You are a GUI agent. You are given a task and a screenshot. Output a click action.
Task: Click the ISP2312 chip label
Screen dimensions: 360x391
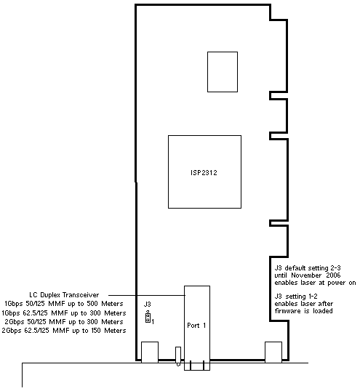point(204,172)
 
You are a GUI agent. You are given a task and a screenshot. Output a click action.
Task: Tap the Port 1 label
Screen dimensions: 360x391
point(196,325)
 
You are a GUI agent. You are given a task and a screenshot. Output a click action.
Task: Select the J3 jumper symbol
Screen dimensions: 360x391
point(148,318)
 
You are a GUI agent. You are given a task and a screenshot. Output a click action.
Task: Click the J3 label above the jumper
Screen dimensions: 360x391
point(148,304)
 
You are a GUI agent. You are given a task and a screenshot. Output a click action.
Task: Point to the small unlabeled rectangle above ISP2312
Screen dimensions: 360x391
point(223,72)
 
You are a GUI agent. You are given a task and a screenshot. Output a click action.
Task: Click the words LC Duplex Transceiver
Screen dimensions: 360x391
point(64,295)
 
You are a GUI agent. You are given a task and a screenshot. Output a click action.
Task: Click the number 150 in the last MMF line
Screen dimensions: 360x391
point(95,331)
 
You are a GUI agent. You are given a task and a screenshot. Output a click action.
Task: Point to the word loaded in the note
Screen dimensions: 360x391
point(323,311)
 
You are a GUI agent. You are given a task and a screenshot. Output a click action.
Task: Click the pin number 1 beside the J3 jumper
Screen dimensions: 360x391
point(153,322)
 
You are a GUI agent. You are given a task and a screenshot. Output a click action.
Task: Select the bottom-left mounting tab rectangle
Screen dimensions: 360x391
point(150,352)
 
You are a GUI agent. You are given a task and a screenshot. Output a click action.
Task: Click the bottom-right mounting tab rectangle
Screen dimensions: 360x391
point(273,352)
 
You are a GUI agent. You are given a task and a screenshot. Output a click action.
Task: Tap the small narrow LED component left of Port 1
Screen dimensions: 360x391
point(178,356)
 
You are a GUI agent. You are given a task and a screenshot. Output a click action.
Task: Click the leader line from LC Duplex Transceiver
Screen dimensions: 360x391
point(147,295)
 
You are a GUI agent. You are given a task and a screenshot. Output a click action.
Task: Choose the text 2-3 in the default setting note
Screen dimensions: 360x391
point(335,268)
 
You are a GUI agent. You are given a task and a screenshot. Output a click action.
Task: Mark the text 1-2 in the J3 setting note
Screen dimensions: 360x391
point(313,297)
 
